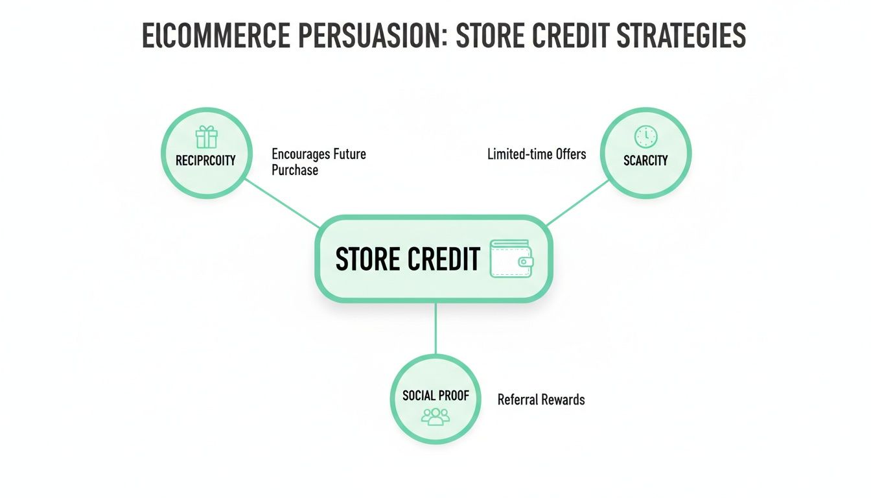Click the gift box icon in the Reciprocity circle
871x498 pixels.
pos(206,137)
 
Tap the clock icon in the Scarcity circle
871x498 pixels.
pos(645,136)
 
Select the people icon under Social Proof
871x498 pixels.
pos(435,416)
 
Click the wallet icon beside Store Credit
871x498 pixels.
pos(512,259)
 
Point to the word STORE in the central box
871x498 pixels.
pos(367,259)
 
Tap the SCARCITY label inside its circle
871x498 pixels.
pos(645,160)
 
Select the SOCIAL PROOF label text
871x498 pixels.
pos(435,395)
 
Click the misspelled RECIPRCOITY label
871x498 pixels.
pos(205,160)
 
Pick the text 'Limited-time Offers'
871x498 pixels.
pos(537,154)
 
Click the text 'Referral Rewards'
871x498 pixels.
pos(541,399)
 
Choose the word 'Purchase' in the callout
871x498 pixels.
pos(295,170)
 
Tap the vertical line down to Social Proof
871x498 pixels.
pos(435,328)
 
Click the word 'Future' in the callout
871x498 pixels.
pos(349,154)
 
